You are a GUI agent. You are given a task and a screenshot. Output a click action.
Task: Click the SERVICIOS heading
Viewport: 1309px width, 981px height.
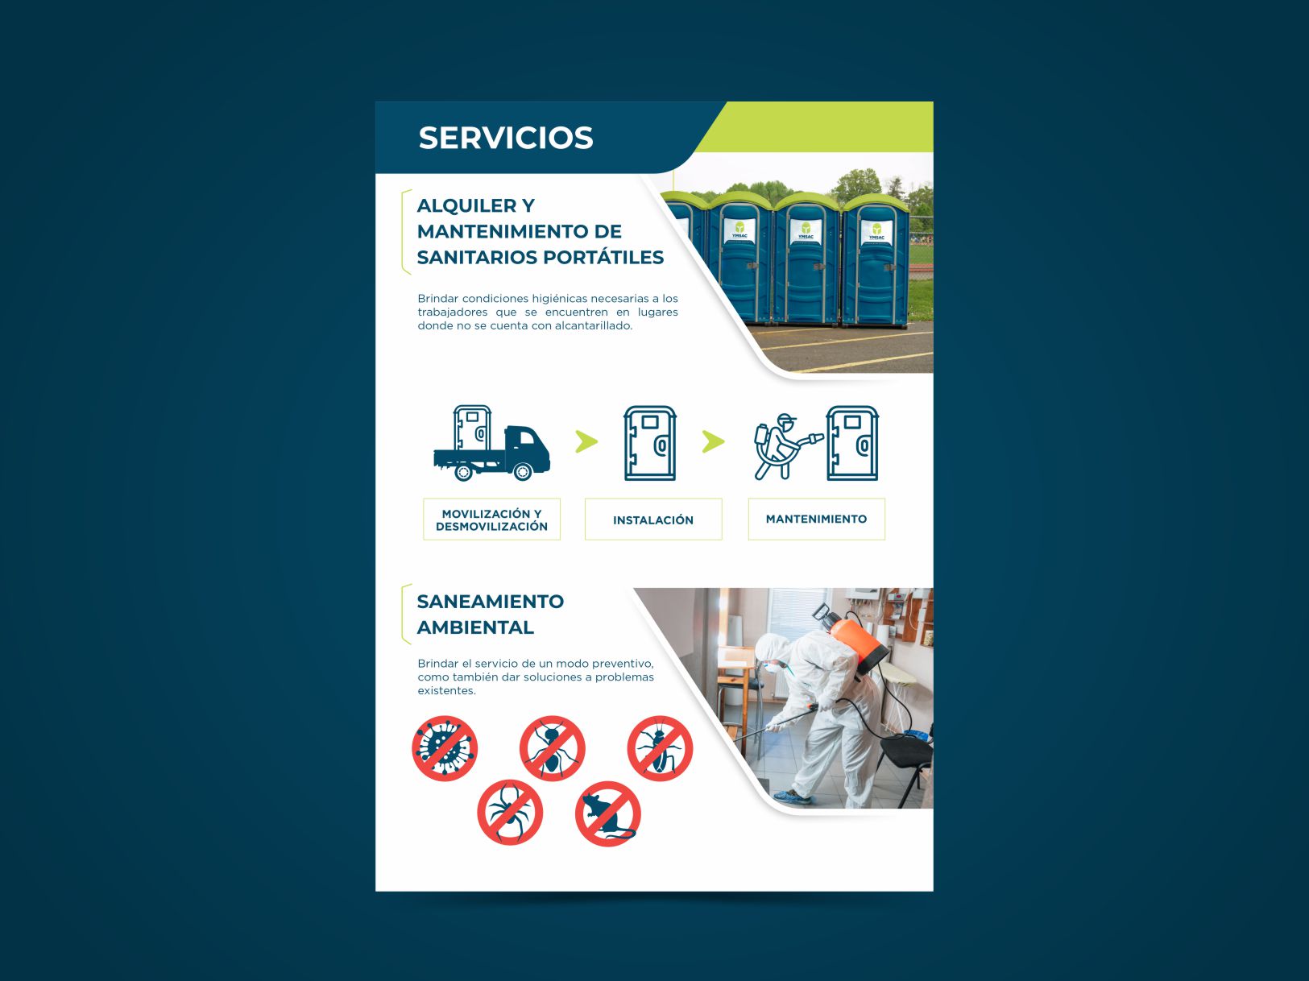(506, 138)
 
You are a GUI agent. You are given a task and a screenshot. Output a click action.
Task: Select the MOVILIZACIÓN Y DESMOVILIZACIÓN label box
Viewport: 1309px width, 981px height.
(491, 519)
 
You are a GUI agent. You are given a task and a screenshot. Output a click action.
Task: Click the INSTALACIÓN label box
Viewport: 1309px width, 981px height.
(653, 519)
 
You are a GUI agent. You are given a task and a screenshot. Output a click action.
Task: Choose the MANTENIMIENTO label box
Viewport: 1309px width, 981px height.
(816, 519)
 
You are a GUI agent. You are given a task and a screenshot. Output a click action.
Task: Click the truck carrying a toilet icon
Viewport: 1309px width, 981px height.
(491, 443)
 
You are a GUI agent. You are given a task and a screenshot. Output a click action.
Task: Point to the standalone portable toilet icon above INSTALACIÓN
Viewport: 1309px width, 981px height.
(650, 443)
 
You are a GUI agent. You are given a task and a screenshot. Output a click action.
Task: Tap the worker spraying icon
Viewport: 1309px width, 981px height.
(787, 446)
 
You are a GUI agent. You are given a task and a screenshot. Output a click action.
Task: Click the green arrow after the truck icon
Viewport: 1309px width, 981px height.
(586, 441)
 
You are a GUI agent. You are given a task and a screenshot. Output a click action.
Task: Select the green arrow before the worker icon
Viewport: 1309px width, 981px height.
(713, 441)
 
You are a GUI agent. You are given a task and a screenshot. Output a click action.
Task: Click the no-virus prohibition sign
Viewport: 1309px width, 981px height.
(445, 748)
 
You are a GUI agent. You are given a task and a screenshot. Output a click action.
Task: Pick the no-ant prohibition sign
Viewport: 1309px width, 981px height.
(553, 748)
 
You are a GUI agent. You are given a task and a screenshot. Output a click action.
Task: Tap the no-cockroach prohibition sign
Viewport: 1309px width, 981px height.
(660, 748)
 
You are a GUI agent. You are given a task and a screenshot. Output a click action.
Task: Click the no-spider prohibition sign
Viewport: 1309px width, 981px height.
(510, 813)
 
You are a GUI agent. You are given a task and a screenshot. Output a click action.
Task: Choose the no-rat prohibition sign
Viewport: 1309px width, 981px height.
(607, 813)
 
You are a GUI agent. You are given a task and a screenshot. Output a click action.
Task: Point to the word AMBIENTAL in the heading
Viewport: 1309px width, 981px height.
(475, 627)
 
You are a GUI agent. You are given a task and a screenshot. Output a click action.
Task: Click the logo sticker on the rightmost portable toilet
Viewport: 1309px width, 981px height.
(876, 231)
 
